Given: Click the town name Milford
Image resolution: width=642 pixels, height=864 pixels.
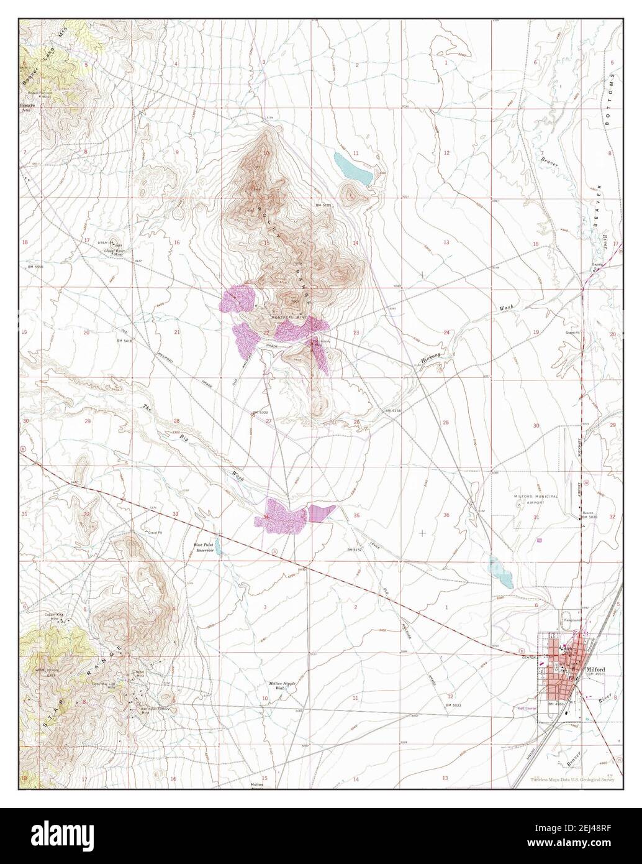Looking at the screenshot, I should [596, 669].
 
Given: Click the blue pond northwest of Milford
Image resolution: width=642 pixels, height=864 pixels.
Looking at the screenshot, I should [500, 571].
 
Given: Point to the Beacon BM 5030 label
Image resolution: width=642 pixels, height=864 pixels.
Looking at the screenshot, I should [589, 515].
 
